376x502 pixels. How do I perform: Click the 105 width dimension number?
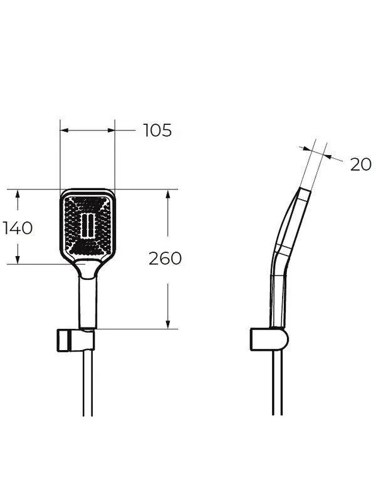(157, 131)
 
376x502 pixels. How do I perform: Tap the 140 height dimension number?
(18, 228)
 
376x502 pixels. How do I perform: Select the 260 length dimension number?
(165, 259)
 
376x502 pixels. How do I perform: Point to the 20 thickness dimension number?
(361, 164)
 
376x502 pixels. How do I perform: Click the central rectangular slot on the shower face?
(87, 225)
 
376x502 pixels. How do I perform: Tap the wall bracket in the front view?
(76, 339)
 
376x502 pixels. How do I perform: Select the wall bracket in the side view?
(269, 339)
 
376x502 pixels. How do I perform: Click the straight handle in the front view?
(87, 302)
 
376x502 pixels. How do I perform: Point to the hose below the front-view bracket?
(88, 383)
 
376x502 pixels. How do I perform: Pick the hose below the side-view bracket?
(277, 383)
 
